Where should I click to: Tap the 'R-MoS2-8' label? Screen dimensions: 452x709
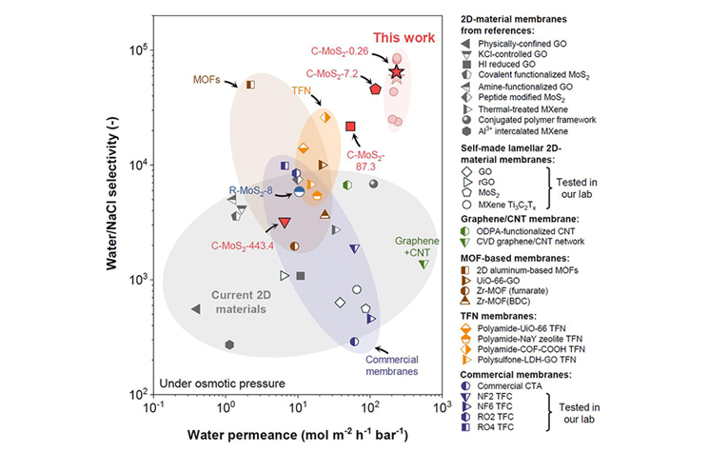[x=251, y=190]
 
